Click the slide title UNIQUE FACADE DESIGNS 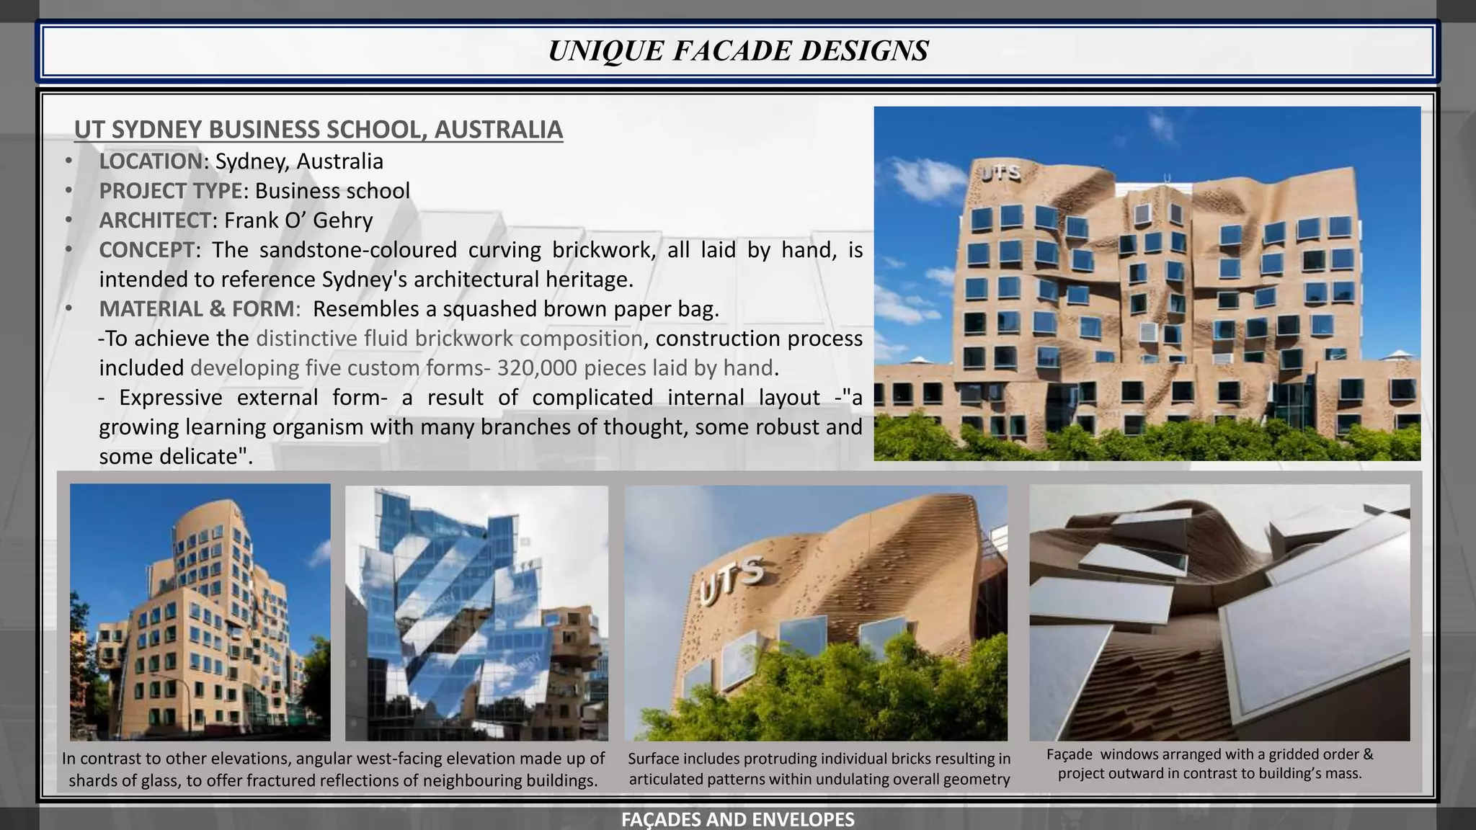pos(738,51)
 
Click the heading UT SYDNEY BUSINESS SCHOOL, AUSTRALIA pos(318,130)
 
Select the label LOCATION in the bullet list pos(151,161)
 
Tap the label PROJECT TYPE pos(170,191)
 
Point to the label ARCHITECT pos(155,220)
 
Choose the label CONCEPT pos(146,250)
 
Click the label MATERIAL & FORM pos(196,309)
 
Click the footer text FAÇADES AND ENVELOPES pos(738,819)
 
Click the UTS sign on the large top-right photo pos(1000,173)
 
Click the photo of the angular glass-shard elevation pos(476,612)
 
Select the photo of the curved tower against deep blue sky pos(200,612)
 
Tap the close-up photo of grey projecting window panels pos(1219,612)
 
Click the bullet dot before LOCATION pos(68,161)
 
